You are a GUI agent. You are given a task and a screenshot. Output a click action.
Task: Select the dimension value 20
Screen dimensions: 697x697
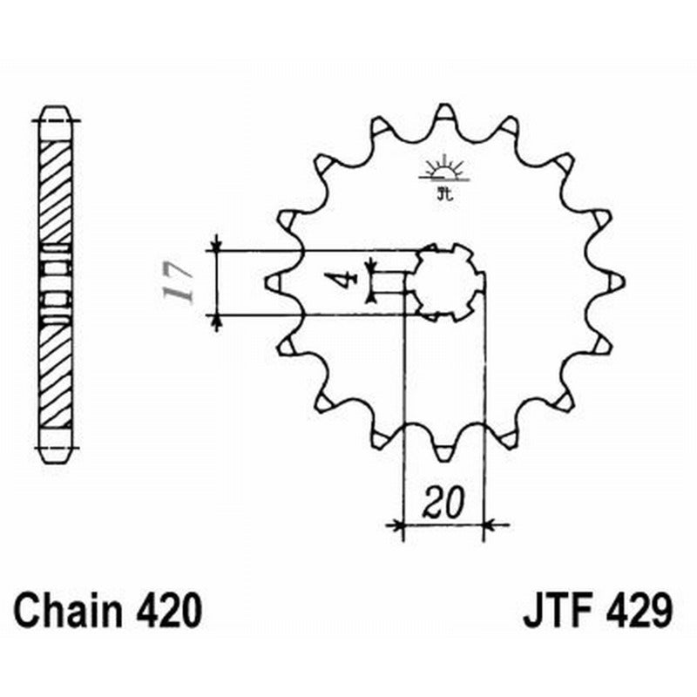click(443, 503)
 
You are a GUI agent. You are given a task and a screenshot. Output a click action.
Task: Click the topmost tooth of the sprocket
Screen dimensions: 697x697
click(443, 112)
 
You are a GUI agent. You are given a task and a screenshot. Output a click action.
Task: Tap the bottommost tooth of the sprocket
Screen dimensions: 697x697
click(443, 452)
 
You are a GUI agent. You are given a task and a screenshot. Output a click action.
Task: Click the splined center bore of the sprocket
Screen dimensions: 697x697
click(446, 281)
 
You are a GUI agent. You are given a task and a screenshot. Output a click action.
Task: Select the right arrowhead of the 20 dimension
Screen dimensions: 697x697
click(489, 524)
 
